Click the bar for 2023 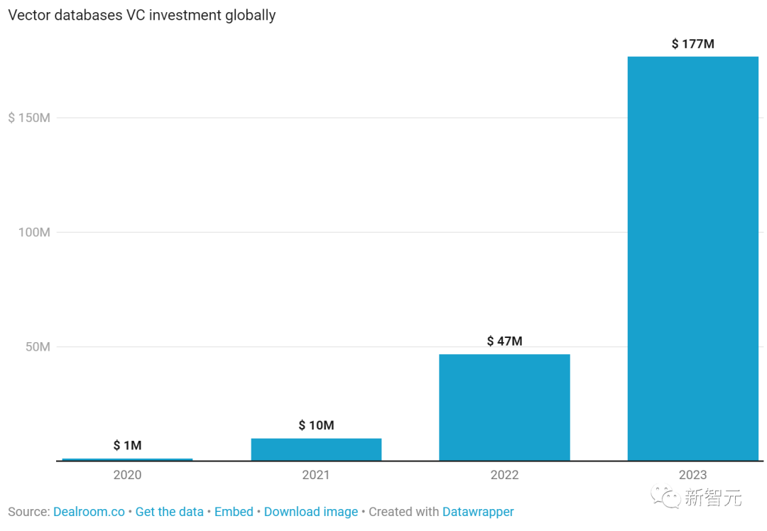pos(692,258)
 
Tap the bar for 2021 pos(316,449)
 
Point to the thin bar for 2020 pos(127,459)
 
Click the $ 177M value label pos(692,44)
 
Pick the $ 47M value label pos(504,341)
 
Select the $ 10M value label pos(316,426)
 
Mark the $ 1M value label pos(127,446)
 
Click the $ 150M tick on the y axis pos(29,118)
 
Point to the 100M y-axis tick pos(32,232)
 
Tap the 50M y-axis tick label pos(35,347)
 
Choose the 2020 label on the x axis pos(127,475)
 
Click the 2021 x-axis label pos(316,475)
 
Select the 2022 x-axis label pos(504,475)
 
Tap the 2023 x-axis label pos(692,475)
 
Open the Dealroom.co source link pos(89,512)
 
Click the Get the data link pos(170,512)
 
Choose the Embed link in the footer pos(234,512)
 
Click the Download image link pos(311,512)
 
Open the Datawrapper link pos(478,512)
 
